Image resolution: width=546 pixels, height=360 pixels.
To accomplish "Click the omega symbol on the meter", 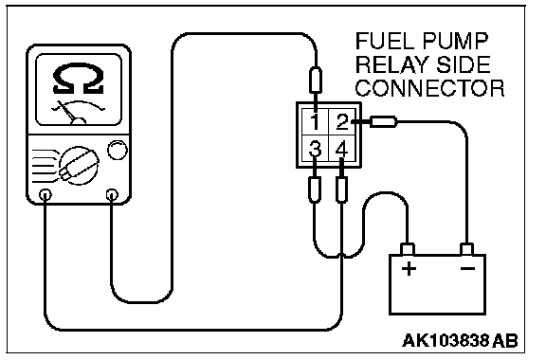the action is coord(79,79).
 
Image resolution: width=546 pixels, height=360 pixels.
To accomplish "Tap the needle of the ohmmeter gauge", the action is coord(67,111).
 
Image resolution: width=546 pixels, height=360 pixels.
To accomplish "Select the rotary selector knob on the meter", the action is coord(79,167).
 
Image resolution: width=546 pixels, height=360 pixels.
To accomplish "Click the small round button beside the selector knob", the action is coord(118,150).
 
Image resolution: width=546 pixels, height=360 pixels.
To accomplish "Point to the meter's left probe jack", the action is coord(45,194).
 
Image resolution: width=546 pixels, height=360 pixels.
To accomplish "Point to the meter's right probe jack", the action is coord(112,194).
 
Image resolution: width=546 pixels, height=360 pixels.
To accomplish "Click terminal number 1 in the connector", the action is coord(315,121).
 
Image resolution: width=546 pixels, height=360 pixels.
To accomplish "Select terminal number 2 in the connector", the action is coord(341,121).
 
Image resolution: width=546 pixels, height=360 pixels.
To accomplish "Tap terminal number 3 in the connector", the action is coord(315,149).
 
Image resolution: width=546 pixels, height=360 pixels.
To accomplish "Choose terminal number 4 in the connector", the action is coord(341,149).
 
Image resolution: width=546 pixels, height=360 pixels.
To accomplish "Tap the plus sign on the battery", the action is coord(409,269).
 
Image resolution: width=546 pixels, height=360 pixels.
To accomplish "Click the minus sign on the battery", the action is coord(467,268).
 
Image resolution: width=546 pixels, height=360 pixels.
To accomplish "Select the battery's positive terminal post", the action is coord(407,249).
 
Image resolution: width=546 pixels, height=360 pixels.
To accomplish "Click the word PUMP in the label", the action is coord(455,41).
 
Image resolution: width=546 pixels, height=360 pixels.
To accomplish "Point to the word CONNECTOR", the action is coord(429,88).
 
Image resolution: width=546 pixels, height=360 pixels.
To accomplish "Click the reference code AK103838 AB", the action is coord(460,340).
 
